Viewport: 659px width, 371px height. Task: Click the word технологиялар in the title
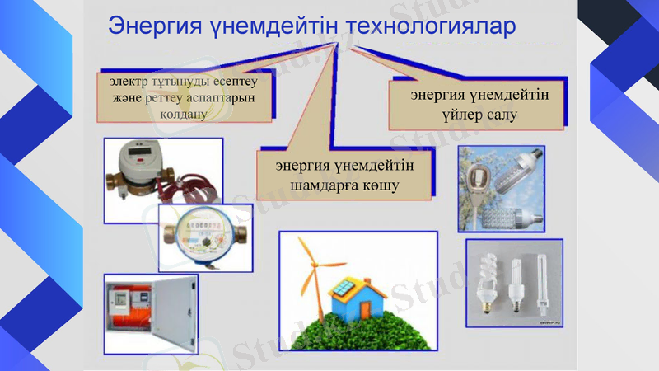coord(431,26)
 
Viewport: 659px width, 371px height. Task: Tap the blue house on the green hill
coord(351,298)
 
